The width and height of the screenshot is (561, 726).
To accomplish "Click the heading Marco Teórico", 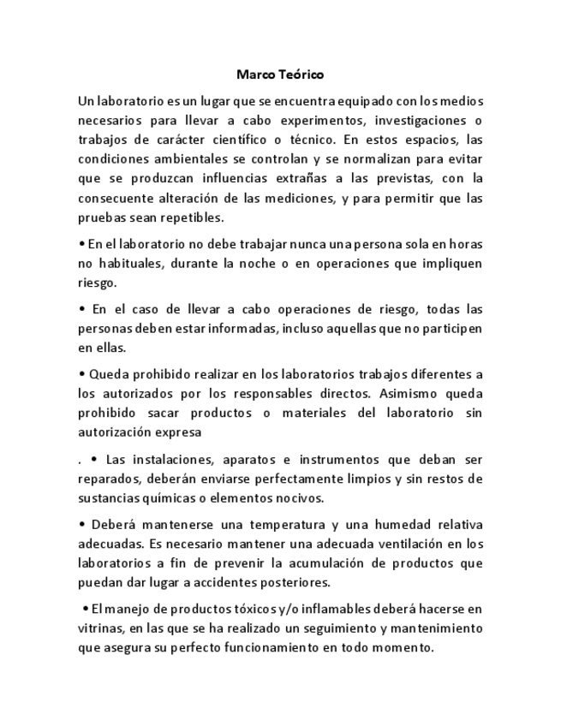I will pyautogui.click(x=280, y=74).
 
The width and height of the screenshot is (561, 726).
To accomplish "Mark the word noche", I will pyautogui.click(x=258, y=263).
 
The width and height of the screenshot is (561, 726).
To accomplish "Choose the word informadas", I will pyautogui.click(x=246, y=328).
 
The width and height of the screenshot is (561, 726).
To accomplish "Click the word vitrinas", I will pyautogui.click(x=101, y=628).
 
